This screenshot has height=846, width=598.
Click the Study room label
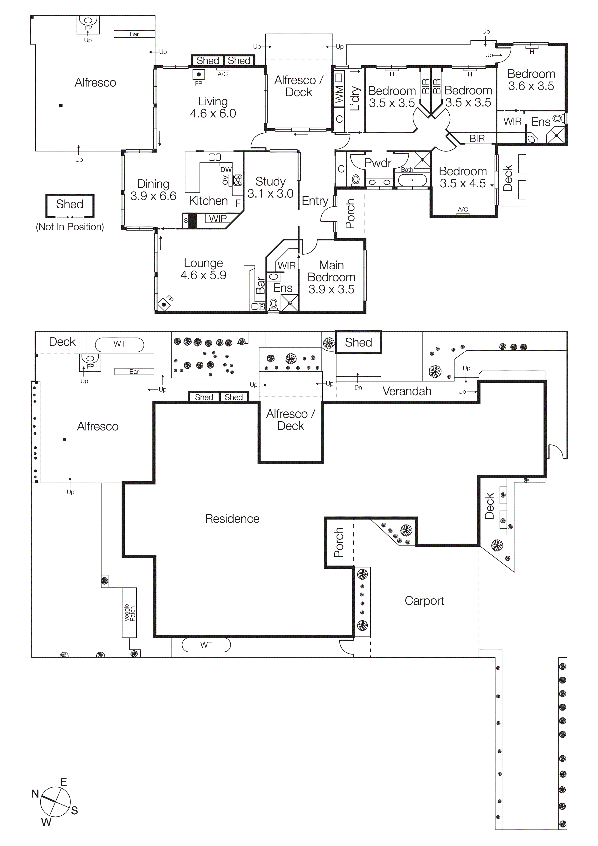point(270,181)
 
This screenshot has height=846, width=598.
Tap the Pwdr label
point(378,163)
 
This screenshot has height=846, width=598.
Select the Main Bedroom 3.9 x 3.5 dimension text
point(331,289)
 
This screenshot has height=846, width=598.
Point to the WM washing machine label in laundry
point(339,94)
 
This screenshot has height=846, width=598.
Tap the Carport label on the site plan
point(424,600)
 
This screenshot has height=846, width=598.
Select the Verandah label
point(407,391)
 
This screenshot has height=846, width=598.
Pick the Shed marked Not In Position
point(70,205)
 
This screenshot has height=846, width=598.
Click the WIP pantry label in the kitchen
point(218,218)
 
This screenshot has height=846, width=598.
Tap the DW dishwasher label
point(226,170)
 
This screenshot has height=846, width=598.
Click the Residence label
point(232,519)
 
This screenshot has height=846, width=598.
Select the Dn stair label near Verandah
point(358,387)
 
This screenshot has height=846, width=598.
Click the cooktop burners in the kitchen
point(238,180)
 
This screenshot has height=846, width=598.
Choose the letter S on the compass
point(75,810)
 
